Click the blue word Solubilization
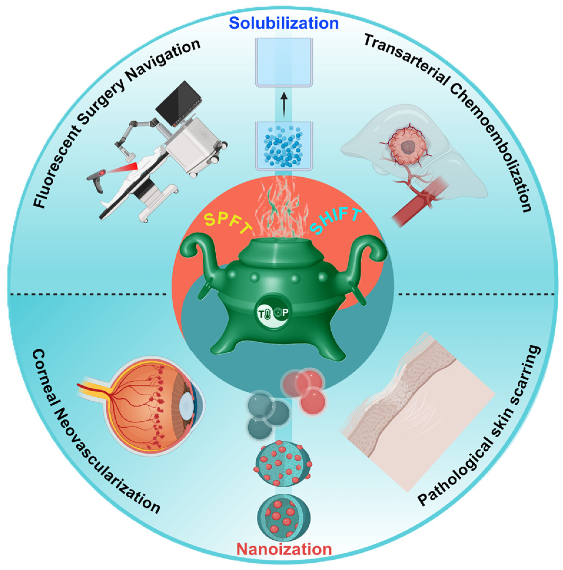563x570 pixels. pos(284,23)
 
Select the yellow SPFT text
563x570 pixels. pos(227,224)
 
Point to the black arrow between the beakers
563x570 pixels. pos(284,105)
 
